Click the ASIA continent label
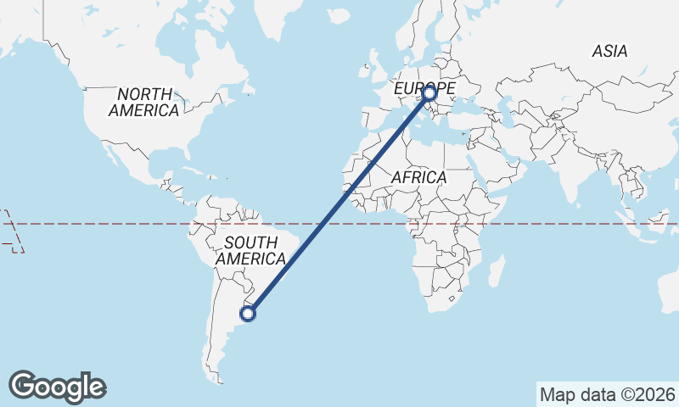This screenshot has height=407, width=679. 609,52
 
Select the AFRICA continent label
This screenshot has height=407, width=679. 418,177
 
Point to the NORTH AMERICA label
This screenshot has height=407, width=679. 143,102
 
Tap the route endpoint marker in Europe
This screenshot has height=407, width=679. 429,93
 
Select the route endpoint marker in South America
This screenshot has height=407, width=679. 248,314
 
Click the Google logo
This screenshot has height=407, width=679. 57,387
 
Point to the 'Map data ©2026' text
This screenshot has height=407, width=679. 608,394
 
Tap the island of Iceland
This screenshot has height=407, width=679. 339,16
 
